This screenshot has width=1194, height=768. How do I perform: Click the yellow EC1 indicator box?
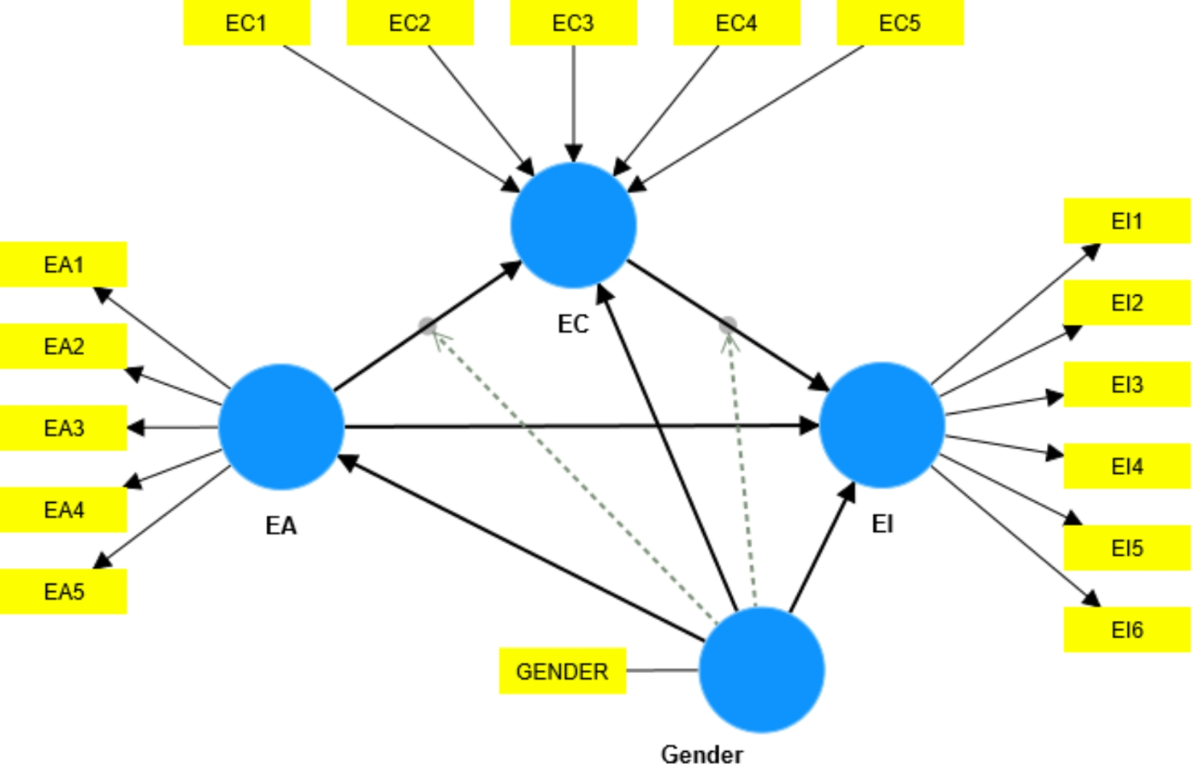click(246, 23)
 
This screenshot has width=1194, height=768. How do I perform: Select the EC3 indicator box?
click(573, 23)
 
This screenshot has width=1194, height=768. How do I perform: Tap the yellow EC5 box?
click(899, 23)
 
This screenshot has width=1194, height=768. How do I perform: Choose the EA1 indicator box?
click(64, 264)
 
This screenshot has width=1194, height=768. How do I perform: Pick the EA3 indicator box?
click(64, 427)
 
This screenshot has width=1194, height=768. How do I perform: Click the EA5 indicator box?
click(64, 591)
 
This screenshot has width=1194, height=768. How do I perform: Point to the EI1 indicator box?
click(1126, 221)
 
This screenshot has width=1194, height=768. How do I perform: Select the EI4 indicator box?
click(1126, 466)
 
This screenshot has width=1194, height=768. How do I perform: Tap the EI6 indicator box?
click(1126, 630)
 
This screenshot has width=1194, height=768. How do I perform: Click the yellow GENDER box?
click(562, 671)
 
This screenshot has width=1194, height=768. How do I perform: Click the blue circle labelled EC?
click(573, 225)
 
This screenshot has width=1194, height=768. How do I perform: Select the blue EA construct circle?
click(281, 426)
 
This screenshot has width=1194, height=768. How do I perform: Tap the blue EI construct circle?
click(881, 425)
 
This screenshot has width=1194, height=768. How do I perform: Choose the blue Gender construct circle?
click(761, 669)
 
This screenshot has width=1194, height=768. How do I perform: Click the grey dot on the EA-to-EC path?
click(428, 325)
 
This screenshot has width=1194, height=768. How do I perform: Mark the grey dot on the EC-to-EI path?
click(728, 325)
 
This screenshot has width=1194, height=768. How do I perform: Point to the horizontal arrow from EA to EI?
click(577, 426)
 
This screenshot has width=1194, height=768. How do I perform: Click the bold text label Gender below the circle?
click(701, 754)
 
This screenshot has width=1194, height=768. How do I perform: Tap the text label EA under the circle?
click(281, 526)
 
